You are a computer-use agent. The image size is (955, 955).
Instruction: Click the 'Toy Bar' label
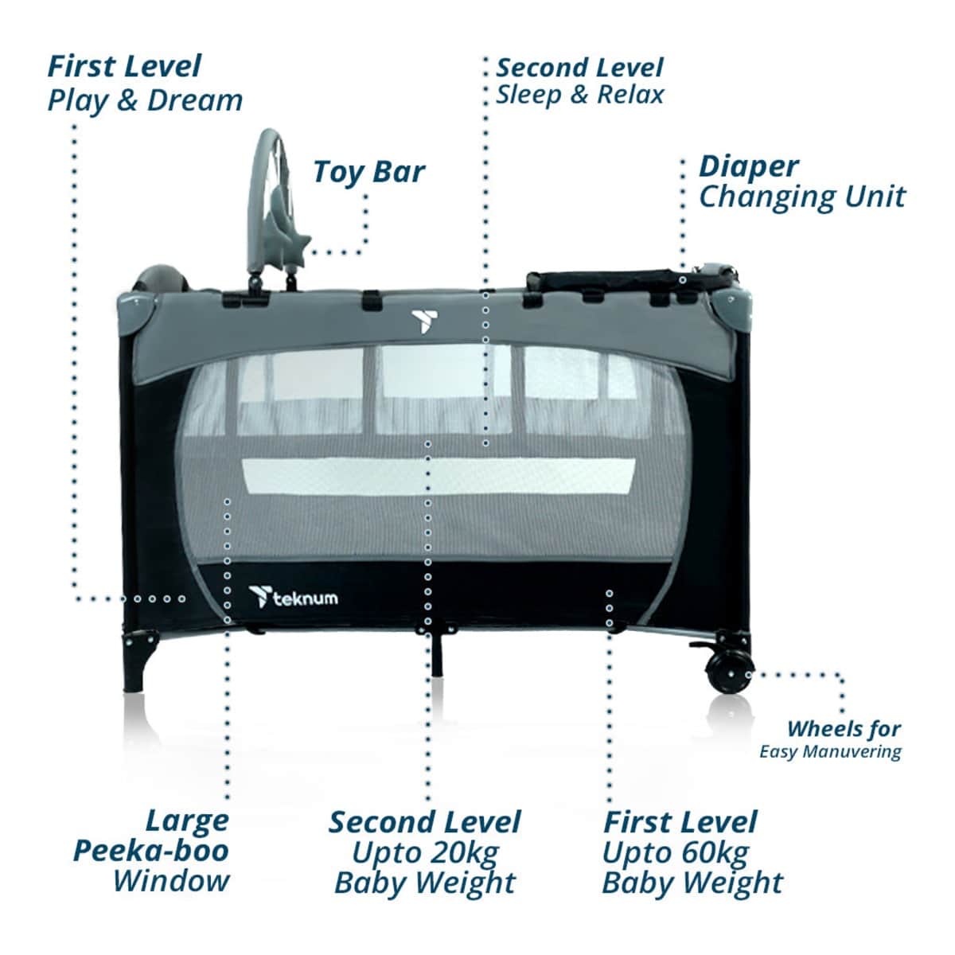[x=368, y=173]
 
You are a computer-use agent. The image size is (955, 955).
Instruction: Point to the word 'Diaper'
[x=748, y=168]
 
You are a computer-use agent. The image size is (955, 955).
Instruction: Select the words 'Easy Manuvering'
[x=830, y=752]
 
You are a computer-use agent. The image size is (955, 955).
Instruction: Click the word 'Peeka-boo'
[x=151, y=852]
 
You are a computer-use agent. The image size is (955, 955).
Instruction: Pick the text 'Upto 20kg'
[x=425, y=853]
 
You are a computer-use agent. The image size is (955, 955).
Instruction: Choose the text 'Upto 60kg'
[x=675, y=853]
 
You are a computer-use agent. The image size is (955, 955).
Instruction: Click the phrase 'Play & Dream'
[x=145, y=101]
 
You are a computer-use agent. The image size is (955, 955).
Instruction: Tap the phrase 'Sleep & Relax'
[x=580, y=95]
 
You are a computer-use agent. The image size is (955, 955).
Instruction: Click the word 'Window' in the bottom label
[x=171, y=882]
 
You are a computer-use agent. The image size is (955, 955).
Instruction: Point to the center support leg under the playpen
[x=437, y=654]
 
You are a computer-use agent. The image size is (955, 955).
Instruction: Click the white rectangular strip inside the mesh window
[x=439, y=477]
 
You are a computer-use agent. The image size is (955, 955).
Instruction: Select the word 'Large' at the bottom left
[x=187, y=821]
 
